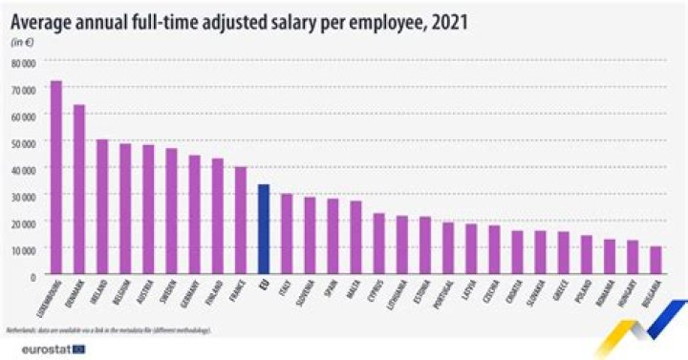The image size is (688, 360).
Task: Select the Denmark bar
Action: (79, 190)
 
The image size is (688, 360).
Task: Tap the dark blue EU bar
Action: (263, 230)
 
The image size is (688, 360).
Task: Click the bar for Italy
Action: (286, 235)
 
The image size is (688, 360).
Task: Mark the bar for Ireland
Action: (102, 207)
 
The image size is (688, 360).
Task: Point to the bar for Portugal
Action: (447, 249)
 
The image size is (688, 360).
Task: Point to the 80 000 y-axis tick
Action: (24, 62)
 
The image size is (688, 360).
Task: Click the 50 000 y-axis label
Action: (24, 142)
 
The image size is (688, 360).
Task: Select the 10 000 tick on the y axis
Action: (24, 249)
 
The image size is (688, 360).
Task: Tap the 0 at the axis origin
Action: (32, 276)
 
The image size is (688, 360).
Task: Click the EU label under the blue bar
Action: (265, 285)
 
